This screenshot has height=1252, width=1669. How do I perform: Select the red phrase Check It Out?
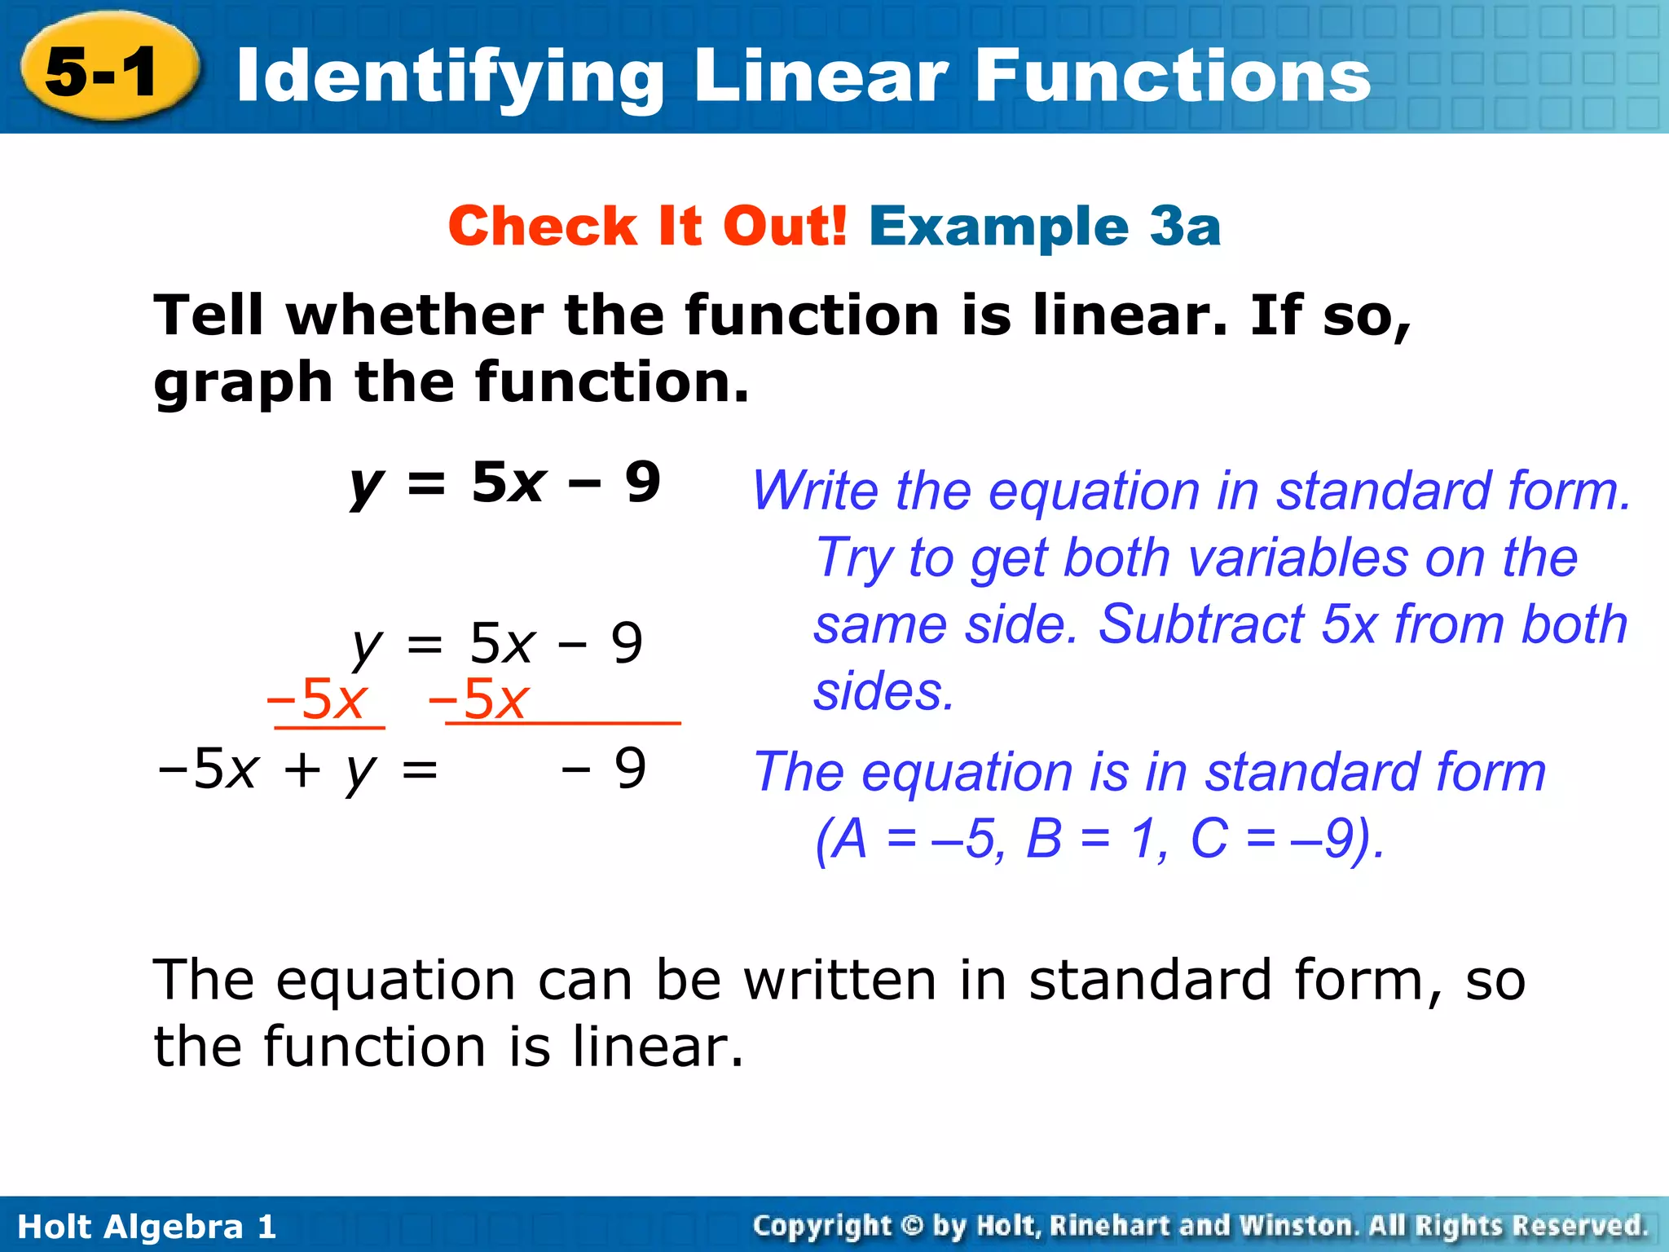tap(647, 226)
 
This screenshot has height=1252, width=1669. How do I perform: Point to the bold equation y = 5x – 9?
tap(505, 483)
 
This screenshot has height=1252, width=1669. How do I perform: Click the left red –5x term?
tap(317, 699)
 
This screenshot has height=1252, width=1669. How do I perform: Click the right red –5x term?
tap(479, 699)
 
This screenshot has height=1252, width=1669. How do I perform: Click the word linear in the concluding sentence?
tap(657, 1047)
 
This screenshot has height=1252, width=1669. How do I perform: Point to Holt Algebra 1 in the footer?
tap(148, 1227)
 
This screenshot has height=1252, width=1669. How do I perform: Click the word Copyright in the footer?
tap(822, 1226)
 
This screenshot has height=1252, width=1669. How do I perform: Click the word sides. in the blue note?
tap(884, 692)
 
